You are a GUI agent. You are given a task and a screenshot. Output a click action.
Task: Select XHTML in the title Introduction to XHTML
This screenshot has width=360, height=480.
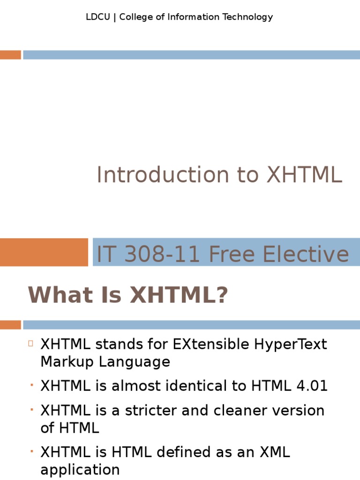coord(304,175)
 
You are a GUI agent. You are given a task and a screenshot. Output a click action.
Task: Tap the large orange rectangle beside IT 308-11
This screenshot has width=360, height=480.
coord(44,252)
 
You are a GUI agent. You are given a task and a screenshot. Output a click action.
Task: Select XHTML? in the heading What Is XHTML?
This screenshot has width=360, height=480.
coord(179,295)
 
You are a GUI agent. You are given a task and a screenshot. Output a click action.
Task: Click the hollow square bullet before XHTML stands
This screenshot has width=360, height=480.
coord(30,343)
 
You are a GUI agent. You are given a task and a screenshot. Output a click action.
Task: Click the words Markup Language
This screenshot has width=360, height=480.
coord(105,362)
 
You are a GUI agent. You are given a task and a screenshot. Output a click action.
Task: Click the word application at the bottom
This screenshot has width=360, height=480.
coord(80,470)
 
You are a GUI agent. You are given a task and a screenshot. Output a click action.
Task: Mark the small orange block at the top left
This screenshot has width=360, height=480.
coord(10,55)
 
